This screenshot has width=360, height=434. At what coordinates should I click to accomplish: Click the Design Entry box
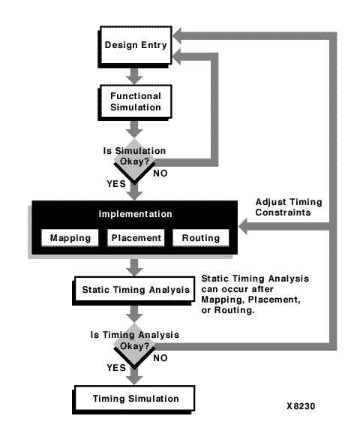pyautogui.click(x=135, y=47)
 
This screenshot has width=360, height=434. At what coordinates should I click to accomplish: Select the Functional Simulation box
pyautogui.click(x=135, y=102)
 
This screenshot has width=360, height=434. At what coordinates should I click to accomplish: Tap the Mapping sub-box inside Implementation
pyautogui.click(x=70, y=238)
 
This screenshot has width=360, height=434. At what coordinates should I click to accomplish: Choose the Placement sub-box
pyautogui.click(x=136, y=238)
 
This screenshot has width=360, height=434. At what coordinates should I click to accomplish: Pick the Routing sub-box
pyautogui.click(x=201, y=238)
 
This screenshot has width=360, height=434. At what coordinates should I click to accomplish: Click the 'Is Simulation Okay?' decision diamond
pyautogui.click(x=134, y=161)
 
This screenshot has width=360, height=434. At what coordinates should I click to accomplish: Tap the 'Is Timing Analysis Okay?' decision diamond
pyautogui.click(x=134, y=346)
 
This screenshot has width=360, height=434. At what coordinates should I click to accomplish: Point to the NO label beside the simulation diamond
pyautogui.click(x=160, y=173)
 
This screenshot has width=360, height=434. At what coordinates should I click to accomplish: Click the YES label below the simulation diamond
pyautogui.click(x=116, y=184)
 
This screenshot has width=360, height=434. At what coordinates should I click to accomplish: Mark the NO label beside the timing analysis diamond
pyautogui.click(x=160, y=358)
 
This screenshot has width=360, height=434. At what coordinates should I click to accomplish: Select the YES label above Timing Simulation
pyautogui.click(x=116, y=368)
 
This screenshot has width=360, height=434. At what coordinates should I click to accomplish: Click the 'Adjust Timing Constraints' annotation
pyautogui.click(x=289, y=207)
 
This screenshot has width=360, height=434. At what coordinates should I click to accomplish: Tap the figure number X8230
pyautogui.click(x=301, y=406)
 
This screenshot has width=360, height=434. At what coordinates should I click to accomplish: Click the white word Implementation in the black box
pyautogui.click(x=136, y=214)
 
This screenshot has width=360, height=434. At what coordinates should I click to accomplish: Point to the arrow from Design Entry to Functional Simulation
pyautogui.click(x=134, y=76)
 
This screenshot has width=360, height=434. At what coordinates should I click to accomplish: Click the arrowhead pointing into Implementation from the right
pyautogui.click(x=243, y=226)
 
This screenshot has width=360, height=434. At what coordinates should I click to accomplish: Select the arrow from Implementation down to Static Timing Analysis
pyautogui.click(x=134, y=267)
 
